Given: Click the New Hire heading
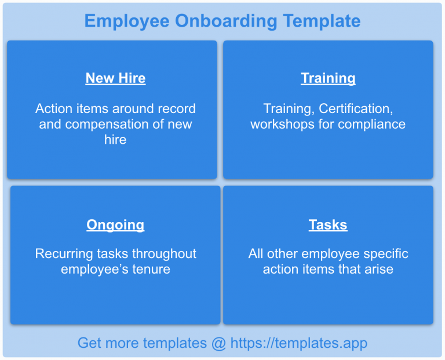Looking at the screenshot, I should point(115,78).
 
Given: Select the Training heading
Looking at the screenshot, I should point(328,78).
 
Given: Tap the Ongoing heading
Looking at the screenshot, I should point(115,225).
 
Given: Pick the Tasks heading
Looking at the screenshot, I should point(328,225).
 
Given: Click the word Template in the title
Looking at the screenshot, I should point(322,21).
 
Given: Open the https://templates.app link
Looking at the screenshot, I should point(298,343).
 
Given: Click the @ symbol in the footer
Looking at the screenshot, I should point(218,343).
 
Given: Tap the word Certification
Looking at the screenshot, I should point(355,108).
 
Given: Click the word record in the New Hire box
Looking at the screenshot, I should point(177,108).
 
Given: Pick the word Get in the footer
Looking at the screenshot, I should point(89,343).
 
